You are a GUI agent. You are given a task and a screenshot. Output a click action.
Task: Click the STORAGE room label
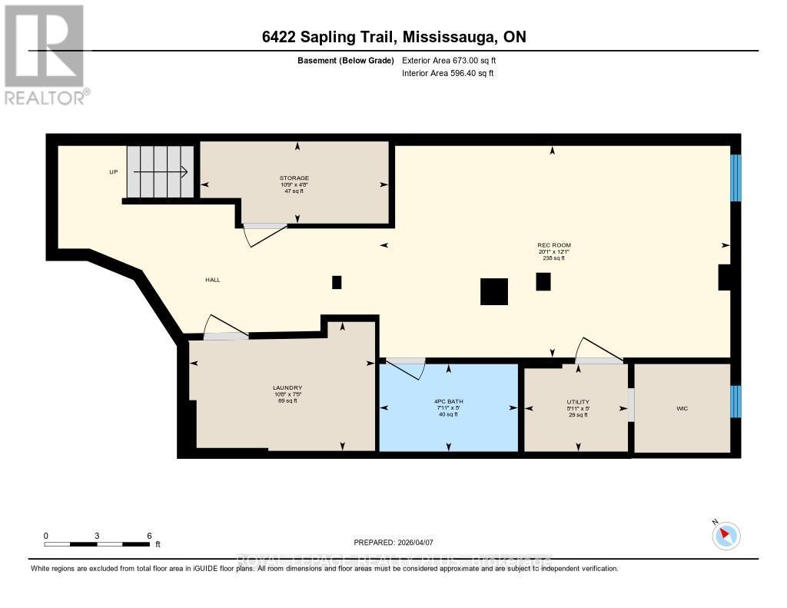coord(294,178)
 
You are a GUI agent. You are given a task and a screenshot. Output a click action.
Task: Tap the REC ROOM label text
coord(553,245)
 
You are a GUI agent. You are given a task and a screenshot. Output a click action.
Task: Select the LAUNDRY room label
coord(287,387)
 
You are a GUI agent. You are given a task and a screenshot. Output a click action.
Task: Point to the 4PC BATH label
coord(448,401)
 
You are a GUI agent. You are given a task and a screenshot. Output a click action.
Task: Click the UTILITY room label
coord(577,401)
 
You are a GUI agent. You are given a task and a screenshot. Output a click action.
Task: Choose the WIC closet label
coord(682,408)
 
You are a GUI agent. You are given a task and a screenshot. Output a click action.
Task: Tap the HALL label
coord(213,280)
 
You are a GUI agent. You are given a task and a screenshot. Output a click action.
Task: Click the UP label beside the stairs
coord(113,172)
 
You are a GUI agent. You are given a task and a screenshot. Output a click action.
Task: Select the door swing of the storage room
coord(265,234)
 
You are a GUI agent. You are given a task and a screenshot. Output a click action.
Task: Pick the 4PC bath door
coord(406,368)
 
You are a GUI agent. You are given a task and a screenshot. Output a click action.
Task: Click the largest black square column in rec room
coord(493,291)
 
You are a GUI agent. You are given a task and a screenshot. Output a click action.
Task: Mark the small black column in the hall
coord(337,282)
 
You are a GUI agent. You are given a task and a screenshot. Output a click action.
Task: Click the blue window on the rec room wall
coord(736,178)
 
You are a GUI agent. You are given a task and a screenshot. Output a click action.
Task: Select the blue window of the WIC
coord(736,401)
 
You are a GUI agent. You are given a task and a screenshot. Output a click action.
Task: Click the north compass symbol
coord(726,535)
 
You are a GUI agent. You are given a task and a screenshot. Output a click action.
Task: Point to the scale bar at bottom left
coord(97,544)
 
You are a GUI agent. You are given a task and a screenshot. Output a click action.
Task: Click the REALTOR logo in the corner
coord(45,55)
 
